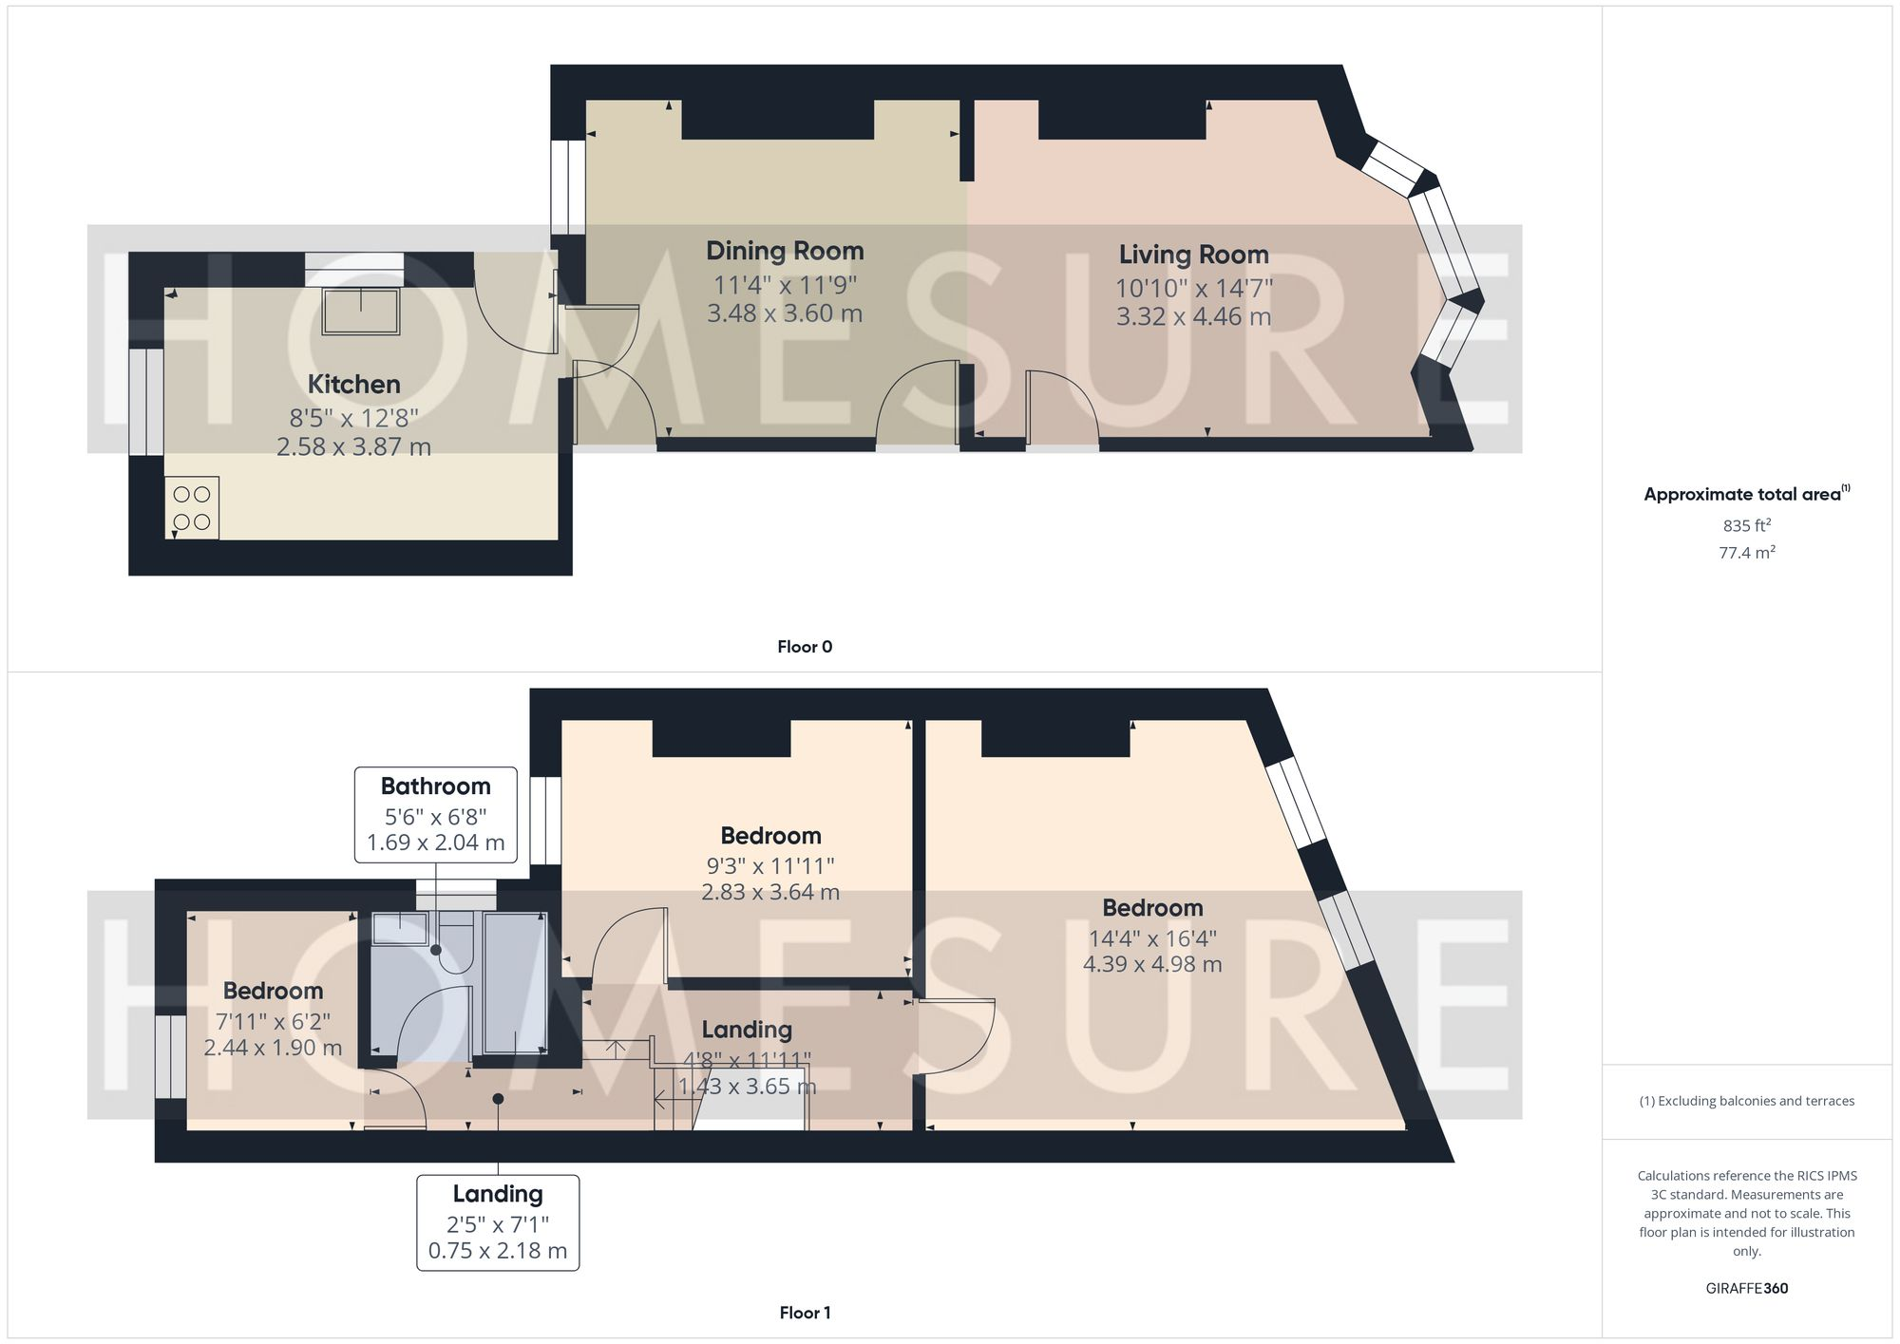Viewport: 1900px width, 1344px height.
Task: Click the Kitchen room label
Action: tap(353, 384)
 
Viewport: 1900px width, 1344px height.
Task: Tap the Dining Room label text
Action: tap(785, 251)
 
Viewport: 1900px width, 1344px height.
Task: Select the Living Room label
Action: tap(1193, 255)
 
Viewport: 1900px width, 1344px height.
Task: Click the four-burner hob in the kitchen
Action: tap(192, 508)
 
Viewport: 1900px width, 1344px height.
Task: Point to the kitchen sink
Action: tap(361, 311)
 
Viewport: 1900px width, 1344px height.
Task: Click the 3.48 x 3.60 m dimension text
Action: tap(785, 313)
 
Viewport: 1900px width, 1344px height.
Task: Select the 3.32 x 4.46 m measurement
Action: tap(1193, 316)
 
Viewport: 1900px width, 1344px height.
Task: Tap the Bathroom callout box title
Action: tap(435, 786)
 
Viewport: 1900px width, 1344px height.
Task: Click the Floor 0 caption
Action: tap(805, 647)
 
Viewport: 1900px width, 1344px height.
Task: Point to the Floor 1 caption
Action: tap(805, 1313)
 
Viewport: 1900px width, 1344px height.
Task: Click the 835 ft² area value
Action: tap(1746, 525)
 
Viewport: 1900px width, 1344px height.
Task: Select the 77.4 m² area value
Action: tap(1746, 552)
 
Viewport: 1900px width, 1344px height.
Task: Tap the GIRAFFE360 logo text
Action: tap(1746, 1289)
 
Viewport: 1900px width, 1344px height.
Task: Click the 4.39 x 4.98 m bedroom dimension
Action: tap(1152, 964)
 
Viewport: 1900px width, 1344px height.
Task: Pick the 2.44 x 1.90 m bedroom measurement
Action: tap(273, 1048)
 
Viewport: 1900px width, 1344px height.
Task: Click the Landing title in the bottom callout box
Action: tap(498, 1194)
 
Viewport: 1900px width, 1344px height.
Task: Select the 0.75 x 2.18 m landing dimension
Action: tap(498, 1251)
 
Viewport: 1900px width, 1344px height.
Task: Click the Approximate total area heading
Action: tap(1743, 494)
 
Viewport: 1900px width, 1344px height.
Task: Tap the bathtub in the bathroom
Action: tap(515, 983)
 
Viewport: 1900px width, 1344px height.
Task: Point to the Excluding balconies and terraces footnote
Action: tap(1746, 1101)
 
